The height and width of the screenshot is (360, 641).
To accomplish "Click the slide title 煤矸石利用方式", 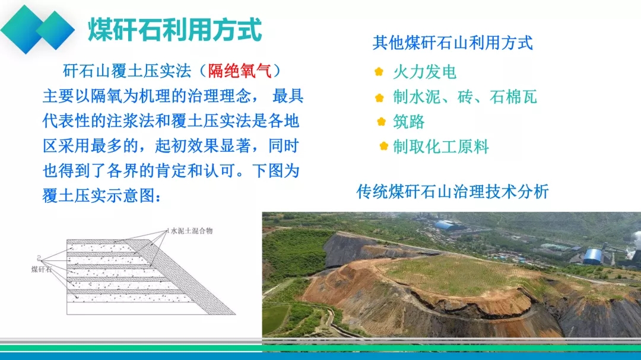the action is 174,30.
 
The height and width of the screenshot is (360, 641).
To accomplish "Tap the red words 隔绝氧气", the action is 240,71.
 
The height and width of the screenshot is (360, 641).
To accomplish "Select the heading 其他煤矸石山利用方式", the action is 453,43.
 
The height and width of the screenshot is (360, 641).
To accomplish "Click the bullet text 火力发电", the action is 425,72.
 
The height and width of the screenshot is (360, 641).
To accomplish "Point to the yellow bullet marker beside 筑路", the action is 382,122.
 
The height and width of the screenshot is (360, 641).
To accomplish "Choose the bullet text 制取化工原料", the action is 441,146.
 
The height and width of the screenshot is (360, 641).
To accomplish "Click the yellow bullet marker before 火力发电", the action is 379,72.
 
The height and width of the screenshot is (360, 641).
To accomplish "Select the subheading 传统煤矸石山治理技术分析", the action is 452,192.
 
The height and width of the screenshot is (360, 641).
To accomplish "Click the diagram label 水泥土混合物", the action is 192,231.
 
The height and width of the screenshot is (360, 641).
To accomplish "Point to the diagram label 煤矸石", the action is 42,269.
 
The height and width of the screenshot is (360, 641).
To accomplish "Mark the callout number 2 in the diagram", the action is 39,258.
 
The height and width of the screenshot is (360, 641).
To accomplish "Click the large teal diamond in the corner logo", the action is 26,30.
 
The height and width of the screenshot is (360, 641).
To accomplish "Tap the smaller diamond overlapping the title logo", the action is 55,30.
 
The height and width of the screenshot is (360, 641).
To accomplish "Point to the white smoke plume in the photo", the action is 635,241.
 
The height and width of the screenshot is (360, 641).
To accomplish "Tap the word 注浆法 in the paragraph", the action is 131,121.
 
